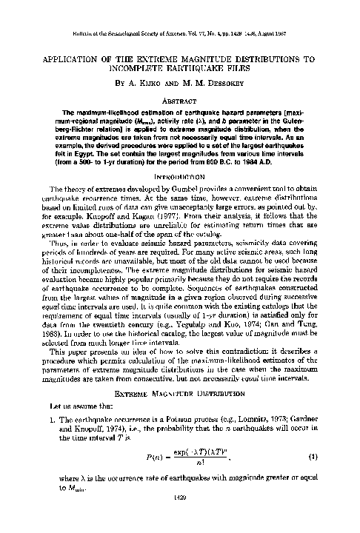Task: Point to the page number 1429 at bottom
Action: pyautogui.click(x=180, y=520)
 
